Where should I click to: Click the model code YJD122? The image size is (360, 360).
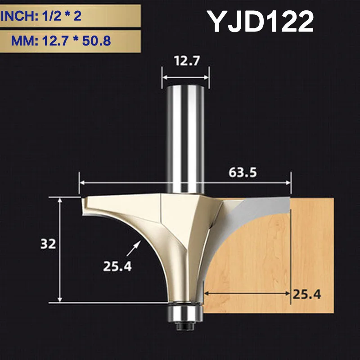coord(260,22)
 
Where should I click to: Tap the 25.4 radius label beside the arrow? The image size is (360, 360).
coord(117,266)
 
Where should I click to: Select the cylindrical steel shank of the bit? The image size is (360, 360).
coord(184,135)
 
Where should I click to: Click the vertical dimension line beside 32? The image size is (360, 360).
coord(59,250)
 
